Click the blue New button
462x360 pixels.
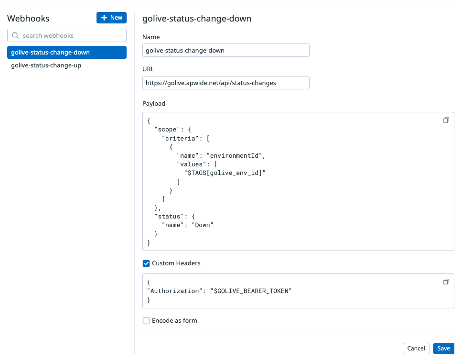[111, 18]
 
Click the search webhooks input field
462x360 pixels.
[67, 35]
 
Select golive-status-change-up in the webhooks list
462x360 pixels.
[46, 65]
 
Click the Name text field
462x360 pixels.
[226, 50]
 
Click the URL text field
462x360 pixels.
[226, 83]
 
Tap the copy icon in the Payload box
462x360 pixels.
[446, 120]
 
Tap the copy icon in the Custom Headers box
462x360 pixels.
[446, 282]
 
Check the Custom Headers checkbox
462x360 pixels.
[146, 263]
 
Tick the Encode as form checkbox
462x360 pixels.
[146, 320]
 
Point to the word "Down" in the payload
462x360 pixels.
[203, 225]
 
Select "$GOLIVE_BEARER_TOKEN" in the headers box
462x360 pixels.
[251, 291]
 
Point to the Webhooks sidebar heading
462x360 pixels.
[28, 19]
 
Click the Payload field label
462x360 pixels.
[154, 103]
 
